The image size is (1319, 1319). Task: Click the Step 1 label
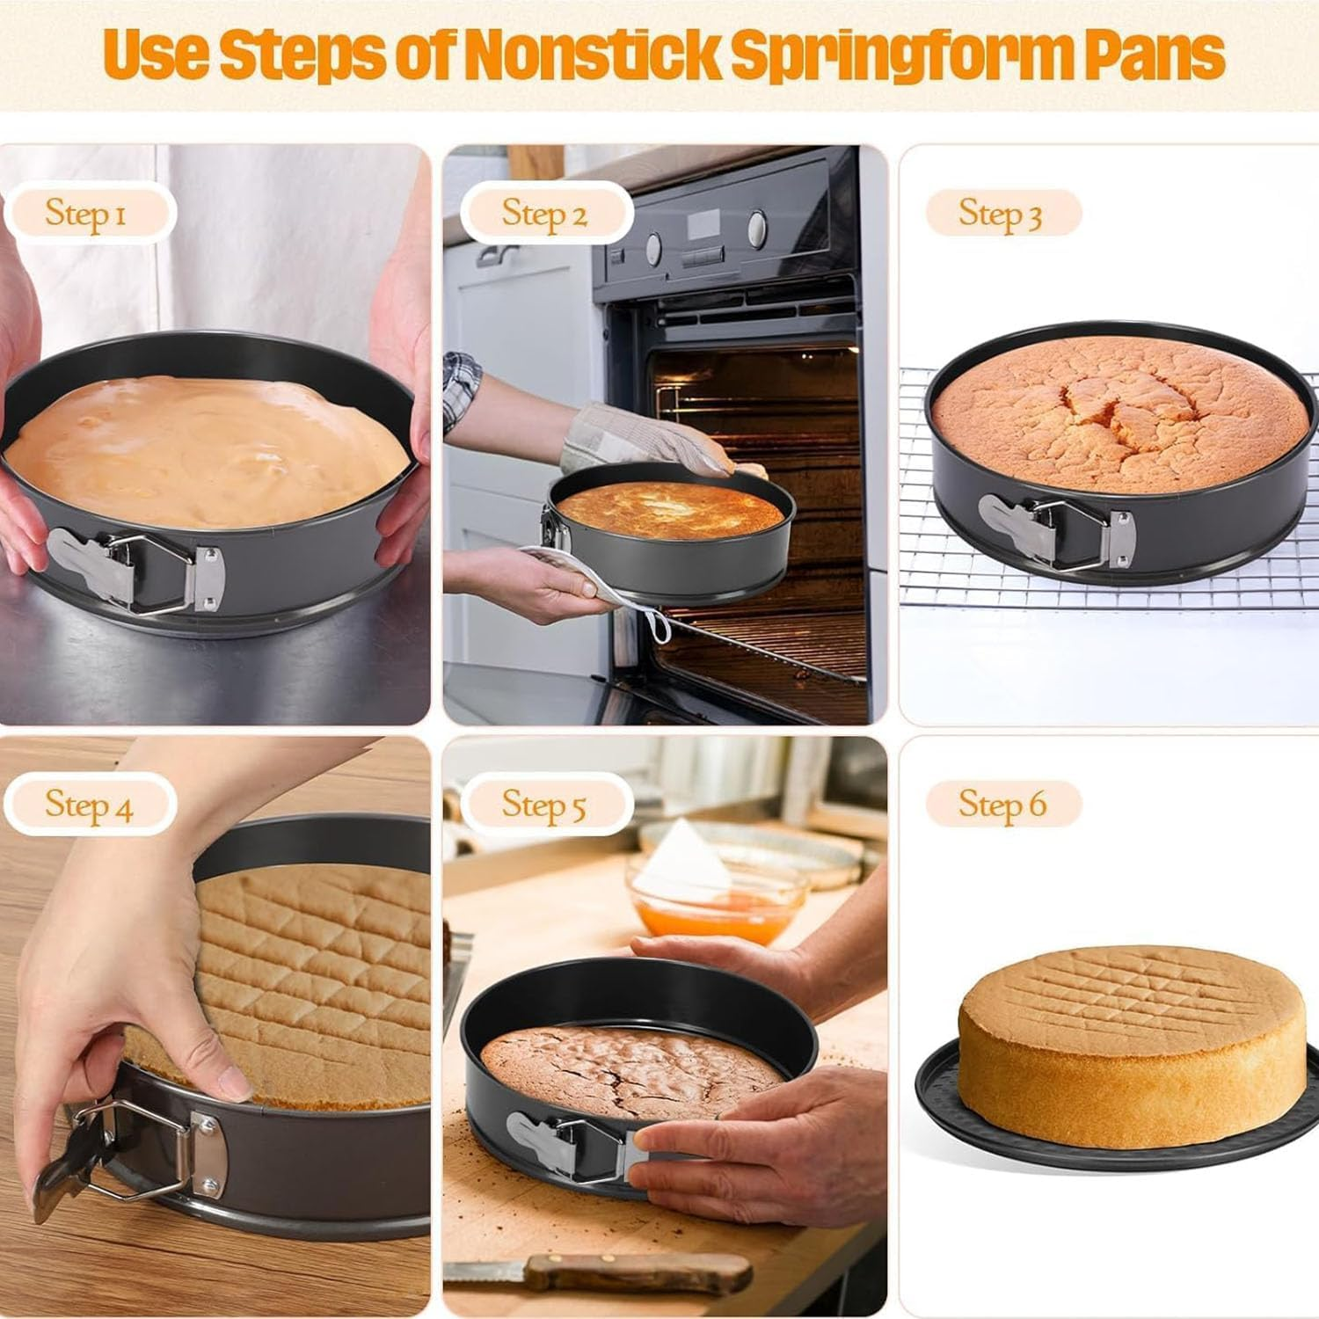86,213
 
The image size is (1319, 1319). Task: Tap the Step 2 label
544,214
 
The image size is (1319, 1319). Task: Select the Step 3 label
1001,213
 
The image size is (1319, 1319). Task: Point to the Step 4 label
89,805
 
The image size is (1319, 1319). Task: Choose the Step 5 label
543,805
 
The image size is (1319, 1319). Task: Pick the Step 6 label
1002,804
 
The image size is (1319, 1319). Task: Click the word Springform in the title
886,55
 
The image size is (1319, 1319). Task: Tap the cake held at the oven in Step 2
668,510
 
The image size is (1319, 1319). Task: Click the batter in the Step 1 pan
207,448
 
